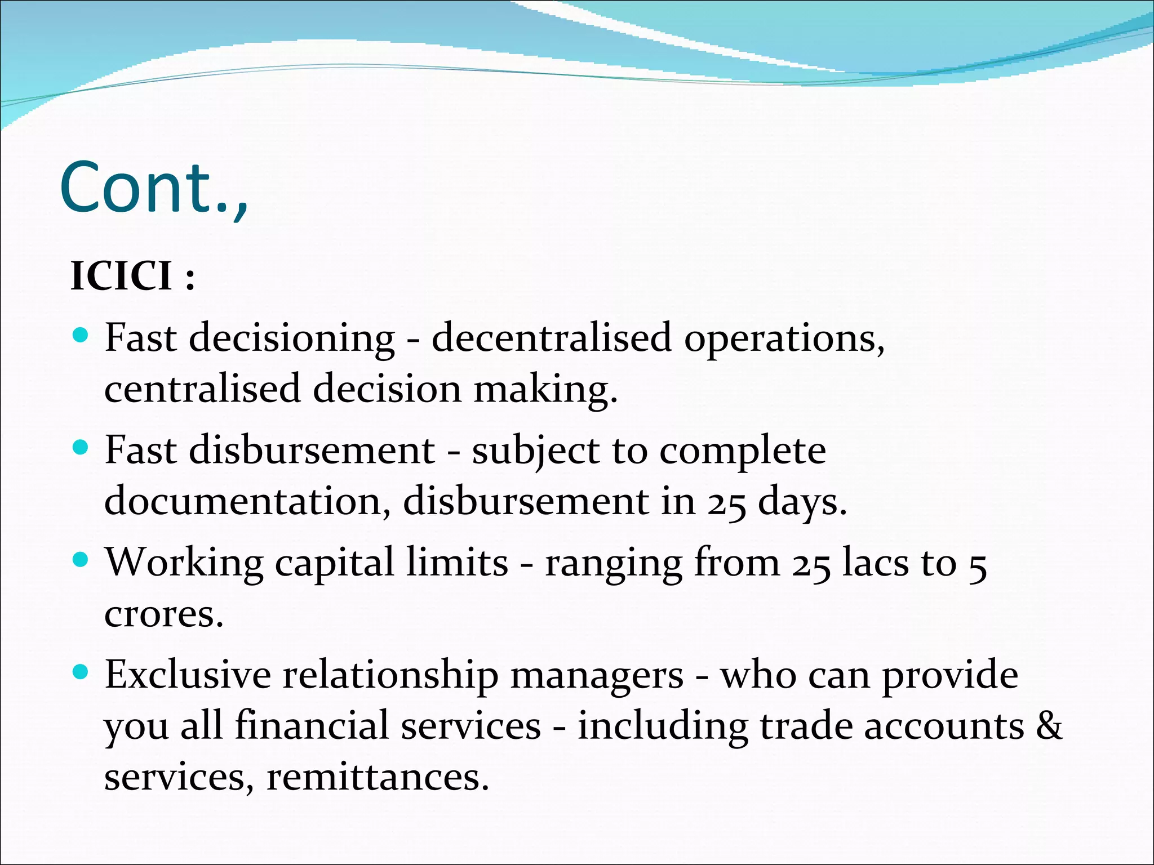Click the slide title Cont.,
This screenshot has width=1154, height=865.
click(x=154, y=187)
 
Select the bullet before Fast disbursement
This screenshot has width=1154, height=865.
click(x=81, y=448)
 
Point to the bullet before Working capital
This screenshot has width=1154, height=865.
click(x=81, y=560)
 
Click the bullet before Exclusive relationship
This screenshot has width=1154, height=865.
click(x=81, y=672)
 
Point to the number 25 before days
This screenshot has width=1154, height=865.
click(x=727, y=502)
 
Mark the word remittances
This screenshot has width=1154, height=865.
click(x=377, y=777)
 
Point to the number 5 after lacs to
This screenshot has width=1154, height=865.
click(x=978, y=564)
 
